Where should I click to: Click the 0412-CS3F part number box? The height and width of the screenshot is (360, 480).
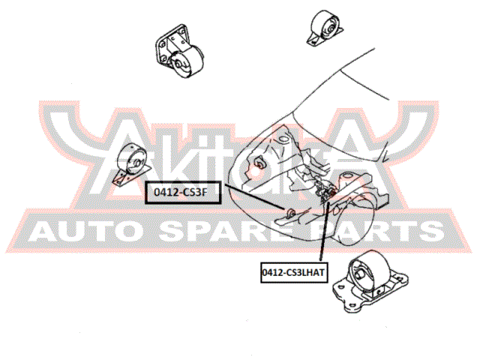(183, 193)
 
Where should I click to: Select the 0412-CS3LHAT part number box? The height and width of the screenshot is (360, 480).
(294, 272)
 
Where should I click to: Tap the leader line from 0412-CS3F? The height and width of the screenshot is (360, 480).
(256, 196)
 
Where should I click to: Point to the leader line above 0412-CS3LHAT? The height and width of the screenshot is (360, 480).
(324, 231)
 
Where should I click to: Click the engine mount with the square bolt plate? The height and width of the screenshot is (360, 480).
(179, 51)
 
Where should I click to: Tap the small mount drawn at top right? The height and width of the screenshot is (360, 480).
(325, 28)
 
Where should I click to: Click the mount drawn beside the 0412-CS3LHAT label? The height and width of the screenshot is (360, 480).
(370, 281)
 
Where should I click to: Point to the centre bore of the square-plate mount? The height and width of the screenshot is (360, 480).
(178, 64)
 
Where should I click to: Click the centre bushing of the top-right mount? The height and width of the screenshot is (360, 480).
(330, 29)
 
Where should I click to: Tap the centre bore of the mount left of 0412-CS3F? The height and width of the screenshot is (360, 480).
(137, 162)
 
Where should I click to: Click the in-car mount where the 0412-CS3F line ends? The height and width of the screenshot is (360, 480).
(291, 212)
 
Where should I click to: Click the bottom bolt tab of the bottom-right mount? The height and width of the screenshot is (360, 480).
(349, 307)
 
